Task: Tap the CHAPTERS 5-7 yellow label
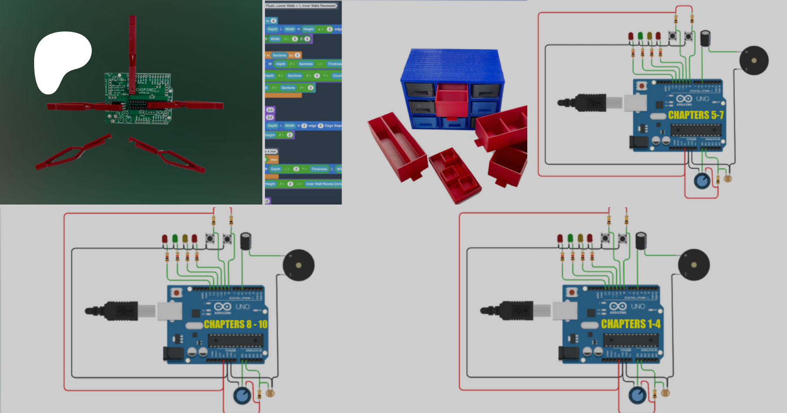tap(696, 115)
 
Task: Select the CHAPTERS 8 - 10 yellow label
tap(235, 324)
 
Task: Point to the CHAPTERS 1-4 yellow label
tap(630, 324)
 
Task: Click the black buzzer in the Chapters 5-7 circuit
tap(754, 60)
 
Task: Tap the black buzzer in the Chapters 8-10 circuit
tap(299, 265)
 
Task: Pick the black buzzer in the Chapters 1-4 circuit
tap(693, 265)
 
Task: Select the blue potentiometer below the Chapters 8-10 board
tap(242, 396)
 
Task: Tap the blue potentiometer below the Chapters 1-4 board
tap(637, 396)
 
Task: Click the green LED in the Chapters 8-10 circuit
tap(175, 239)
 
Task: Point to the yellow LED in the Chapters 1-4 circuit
tap(580, 238)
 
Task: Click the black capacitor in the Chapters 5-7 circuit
tap(705, 38)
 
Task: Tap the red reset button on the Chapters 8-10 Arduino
tap(176, 292)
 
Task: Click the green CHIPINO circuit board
tap(138, 98)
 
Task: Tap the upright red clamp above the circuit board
tap(132, 52)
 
